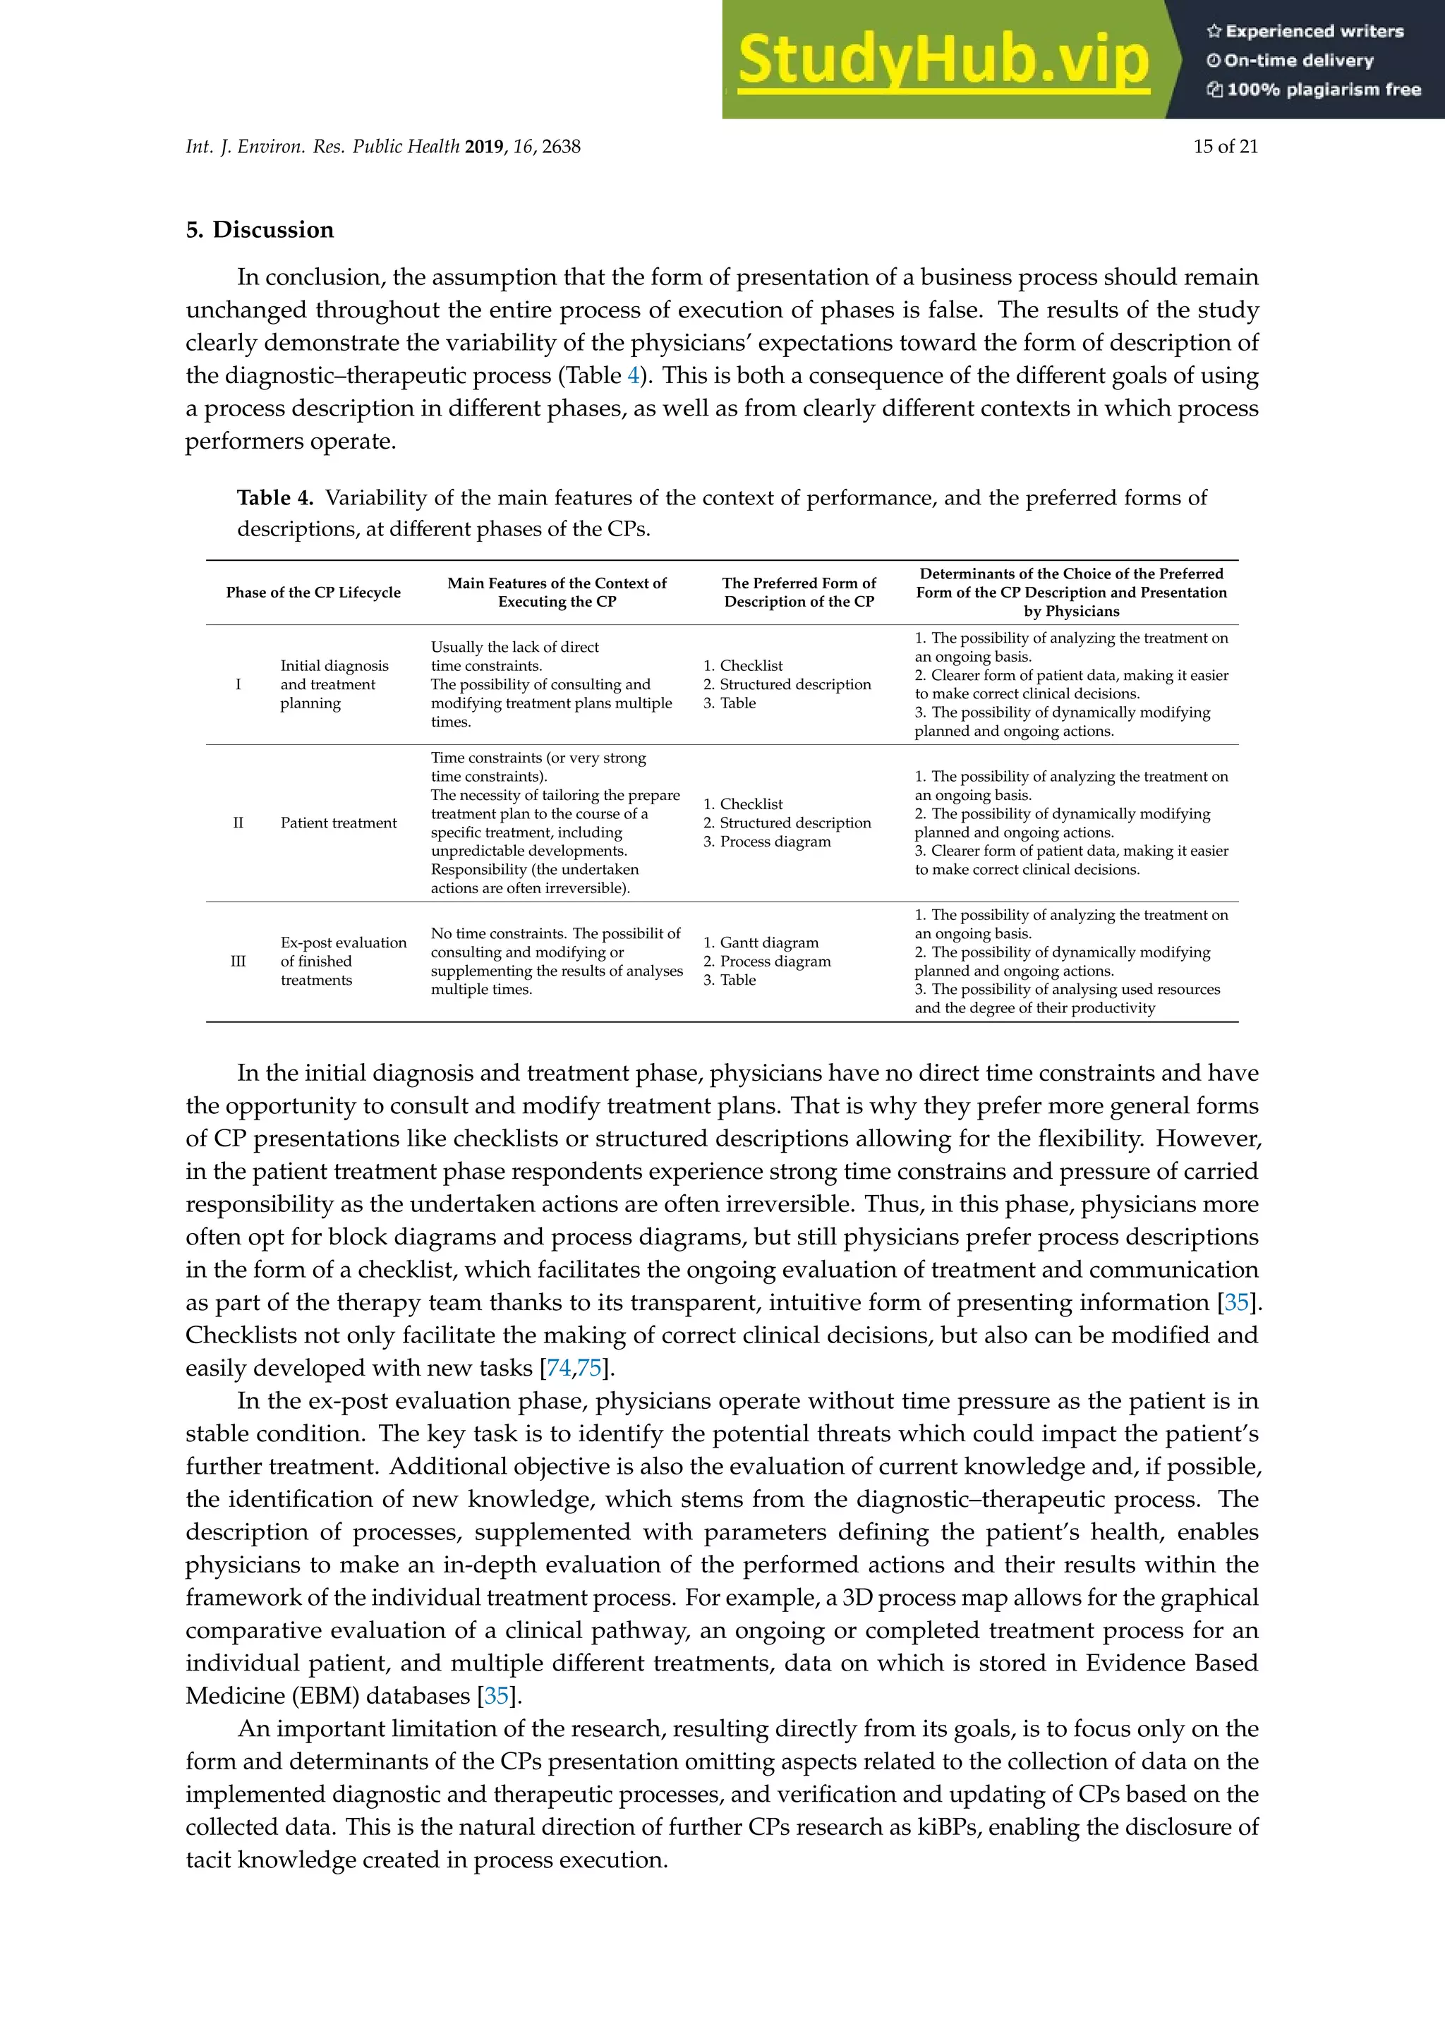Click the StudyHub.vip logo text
pos(943,61)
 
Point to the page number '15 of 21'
pos(1226,147)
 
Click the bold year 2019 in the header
pos(484,147)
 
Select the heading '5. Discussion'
pos(260,229)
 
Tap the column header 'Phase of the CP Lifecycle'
pos(313,593)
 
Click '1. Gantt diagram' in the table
pos(761,942)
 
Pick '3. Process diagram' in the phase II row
pos(767,842)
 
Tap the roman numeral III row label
pos(238,961)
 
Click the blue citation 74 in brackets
pos(559,1368)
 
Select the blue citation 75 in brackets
pos(589,1368)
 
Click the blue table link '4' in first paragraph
pos(634,375)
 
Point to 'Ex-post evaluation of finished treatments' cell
pos(343,961)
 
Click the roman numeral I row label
pos(238,684)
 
